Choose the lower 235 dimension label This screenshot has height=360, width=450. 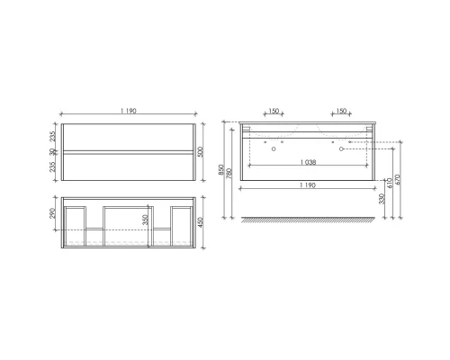[50, 167]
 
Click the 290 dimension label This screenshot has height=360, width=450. [50, 215]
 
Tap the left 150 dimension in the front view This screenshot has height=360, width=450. [274, 112]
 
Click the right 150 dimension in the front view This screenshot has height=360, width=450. [341, 112]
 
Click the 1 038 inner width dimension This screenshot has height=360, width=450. [307, 161]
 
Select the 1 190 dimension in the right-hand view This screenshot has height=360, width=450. [307, 188]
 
